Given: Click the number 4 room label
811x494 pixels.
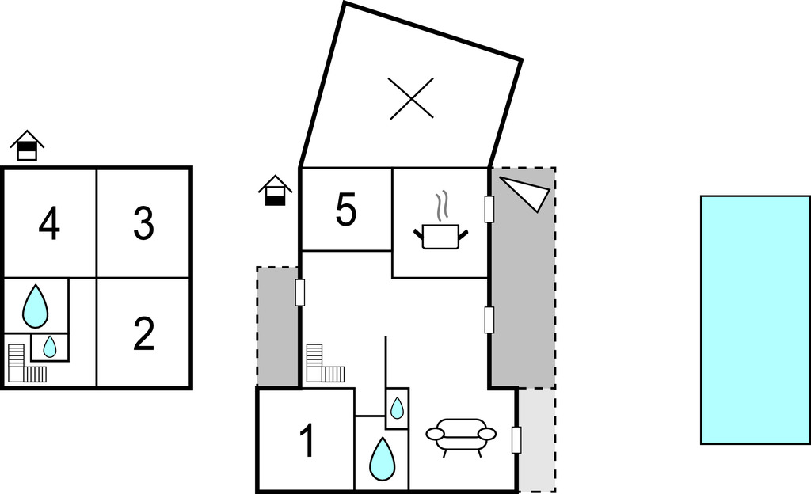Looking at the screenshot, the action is (49, 224).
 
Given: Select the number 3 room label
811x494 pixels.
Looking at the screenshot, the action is (143, 224).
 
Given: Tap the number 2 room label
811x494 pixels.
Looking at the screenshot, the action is (143, 334).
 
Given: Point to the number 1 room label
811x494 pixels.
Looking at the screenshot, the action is (308, 441).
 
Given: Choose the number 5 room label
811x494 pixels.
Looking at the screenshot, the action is (345, 210).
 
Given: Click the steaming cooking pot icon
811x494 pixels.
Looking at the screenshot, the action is (440, 221).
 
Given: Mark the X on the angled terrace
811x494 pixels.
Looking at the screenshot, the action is (412, 99).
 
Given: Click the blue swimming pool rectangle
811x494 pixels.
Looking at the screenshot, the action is (756, 320).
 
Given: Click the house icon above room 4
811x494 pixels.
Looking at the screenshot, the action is (27, 145).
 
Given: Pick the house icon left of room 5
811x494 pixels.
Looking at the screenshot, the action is (275, 190).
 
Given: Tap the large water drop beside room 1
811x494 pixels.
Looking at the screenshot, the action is (383, 459).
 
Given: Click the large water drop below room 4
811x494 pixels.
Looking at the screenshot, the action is (35, 306).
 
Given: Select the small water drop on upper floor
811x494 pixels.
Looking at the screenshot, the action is (50, 347).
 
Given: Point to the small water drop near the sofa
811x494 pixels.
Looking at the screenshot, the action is (397, 408).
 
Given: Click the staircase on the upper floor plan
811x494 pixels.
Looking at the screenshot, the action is (27, 363).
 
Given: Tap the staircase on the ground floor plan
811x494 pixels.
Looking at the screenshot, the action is (326, 363).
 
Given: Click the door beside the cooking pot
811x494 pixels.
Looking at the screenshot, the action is (489, 209).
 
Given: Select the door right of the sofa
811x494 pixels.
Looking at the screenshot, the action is (516, 440).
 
